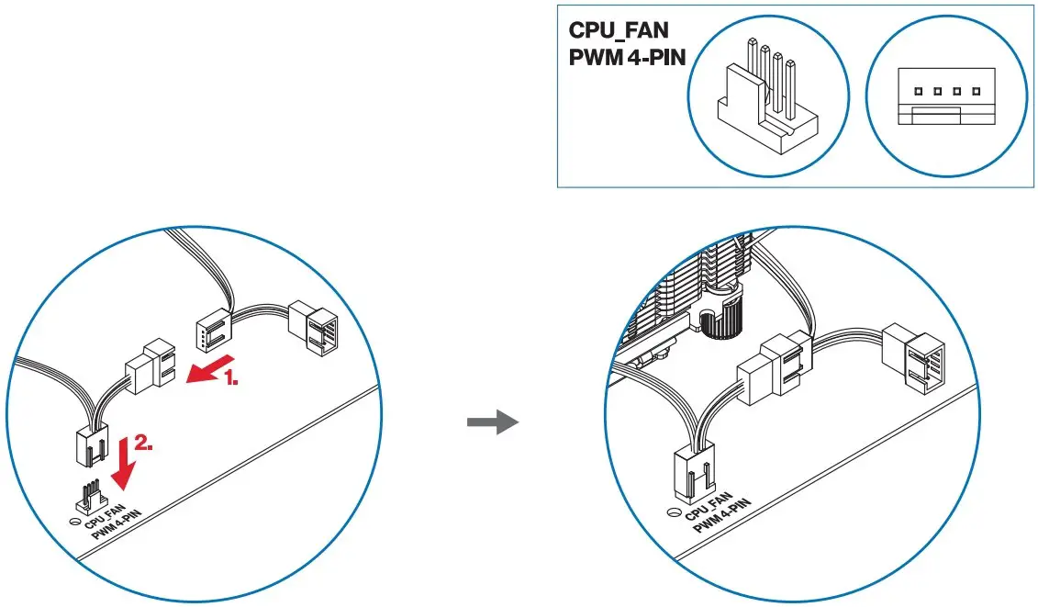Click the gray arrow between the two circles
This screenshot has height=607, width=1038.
(493, 422)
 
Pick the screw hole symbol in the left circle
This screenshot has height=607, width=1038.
(72, 520)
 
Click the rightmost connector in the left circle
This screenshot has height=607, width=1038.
(314, 326)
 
